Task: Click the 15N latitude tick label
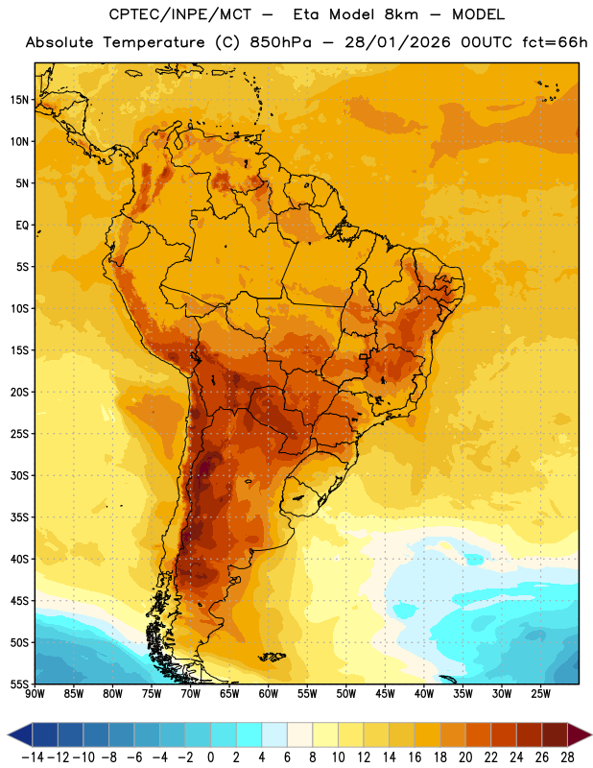[19, 100]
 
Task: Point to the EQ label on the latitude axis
[22, 226]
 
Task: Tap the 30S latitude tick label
[19, 475]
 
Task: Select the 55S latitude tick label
[19, 684]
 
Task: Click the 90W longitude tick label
[35, 693]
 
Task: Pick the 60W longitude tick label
[269, 693]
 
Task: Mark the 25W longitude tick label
[540, 693]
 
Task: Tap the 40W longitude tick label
[424, 693]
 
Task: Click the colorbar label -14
[33, 757]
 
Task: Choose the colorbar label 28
[567, 757]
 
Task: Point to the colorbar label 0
[210, 757]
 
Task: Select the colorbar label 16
[415, 757]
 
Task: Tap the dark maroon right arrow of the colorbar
[579, 734]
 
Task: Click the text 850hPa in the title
[280, 42]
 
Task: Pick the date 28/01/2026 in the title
[397, 42]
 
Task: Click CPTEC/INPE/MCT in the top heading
[180, 14]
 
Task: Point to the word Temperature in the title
[154, 42]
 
